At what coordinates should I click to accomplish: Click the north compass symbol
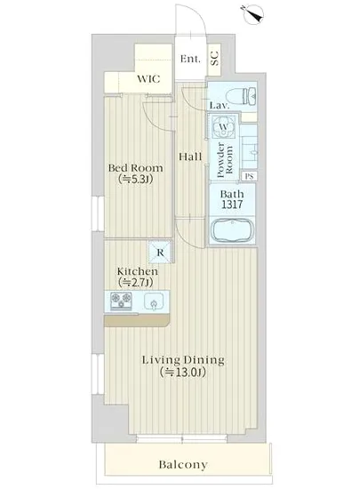coord(252,13)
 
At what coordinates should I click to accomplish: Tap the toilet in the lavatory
coord(243,95)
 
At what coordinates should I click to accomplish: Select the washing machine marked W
coord(223,127)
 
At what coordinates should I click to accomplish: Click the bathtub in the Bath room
coord(232,230)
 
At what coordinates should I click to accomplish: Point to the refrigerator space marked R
coord(160,252)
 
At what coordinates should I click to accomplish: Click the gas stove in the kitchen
coord(121,301)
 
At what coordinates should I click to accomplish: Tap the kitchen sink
coord(154,302)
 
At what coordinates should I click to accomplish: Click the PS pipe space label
coord(249,176)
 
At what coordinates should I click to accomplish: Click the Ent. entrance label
coord(190,59)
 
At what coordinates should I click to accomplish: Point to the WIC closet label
coord(148,79)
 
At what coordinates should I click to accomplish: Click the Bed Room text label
coord(136,168)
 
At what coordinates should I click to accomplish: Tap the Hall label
coord(191,156)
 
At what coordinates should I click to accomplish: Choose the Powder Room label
coord(225,160)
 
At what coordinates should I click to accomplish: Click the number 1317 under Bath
coord(232,204)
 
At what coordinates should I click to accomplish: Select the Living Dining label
coord(183,360)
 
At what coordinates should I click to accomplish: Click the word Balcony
coord(183,465)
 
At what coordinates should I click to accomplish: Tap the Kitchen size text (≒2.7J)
coord(135,283)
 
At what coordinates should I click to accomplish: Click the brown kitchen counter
coord(137,320)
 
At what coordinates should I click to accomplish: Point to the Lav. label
coord(220,106)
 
